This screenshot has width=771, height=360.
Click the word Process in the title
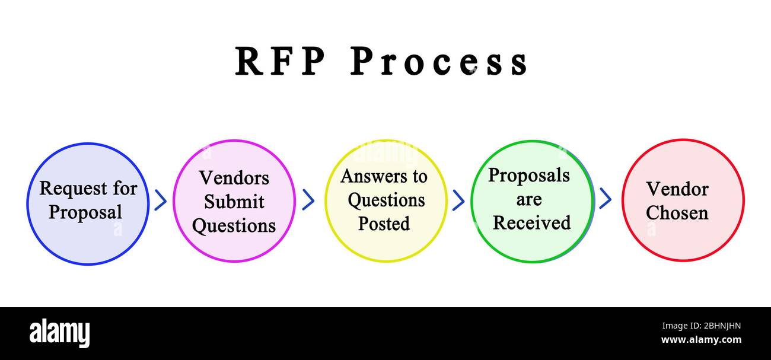click(438, 62)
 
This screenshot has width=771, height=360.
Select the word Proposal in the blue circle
click(85, 212)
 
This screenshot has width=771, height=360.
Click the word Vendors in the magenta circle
click(234, 177)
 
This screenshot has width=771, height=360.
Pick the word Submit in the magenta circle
click(234, 202)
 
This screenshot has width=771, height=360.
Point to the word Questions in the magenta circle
click(234, 226)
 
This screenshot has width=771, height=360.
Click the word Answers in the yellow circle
click(368, 176)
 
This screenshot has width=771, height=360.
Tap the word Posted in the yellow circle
click(384, 224)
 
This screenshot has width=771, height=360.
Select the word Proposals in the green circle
click(528, 176)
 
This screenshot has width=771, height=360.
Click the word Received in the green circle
click(531, 223)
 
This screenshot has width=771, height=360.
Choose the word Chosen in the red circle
click(677, 213)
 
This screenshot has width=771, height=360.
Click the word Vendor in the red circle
click(677, 189)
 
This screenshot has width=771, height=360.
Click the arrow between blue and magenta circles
click(160, 200)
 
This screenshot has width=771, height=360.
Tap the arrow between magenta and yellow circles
click(308, 200)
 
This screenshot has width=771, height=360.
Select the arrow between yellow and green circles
click(458, 200)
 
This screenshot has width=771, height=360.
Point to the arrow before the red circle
click(605, 198)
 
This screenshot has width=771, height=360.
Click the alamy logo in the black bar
click(59, 333)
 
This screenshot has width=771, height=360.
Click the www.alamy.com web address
click(700, 340)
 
